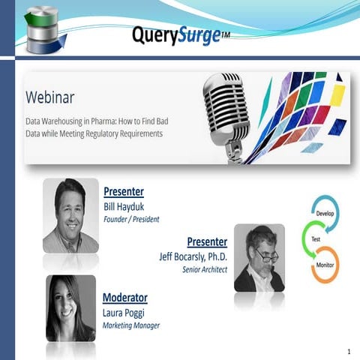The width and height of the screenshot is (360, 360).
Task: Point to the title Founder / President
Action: click(131, 219)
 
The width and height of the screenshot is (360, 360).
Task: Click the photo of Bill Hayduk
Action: click(70, 214)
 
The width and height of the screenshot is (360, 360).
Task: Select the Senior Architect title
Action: click(204, 268)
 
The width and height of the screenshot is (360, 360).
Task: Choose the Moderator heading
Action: click(124, 298)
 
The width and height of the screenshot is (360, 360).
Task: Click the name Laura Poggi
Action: click(126, 312)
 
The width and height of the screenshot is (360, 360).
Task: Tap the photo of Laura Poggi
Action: click(70, 307)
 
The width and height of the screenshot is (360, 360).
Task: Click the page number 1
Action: click(349, 351)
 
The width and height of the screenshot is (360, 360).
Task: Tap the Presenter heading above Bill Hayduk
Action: click(124, 191)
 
